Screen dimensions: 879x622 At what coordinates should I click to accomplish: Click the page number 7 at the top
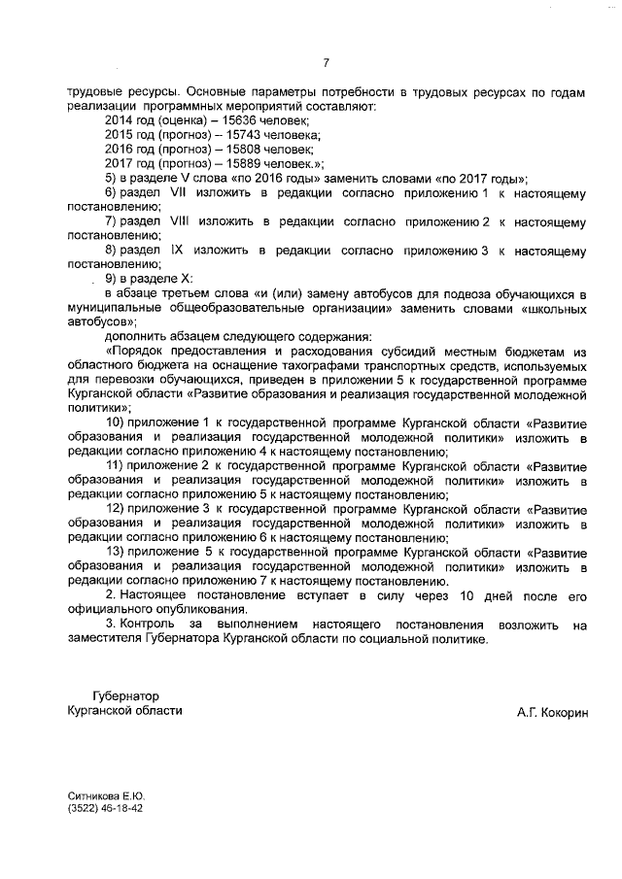point(326,64)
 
